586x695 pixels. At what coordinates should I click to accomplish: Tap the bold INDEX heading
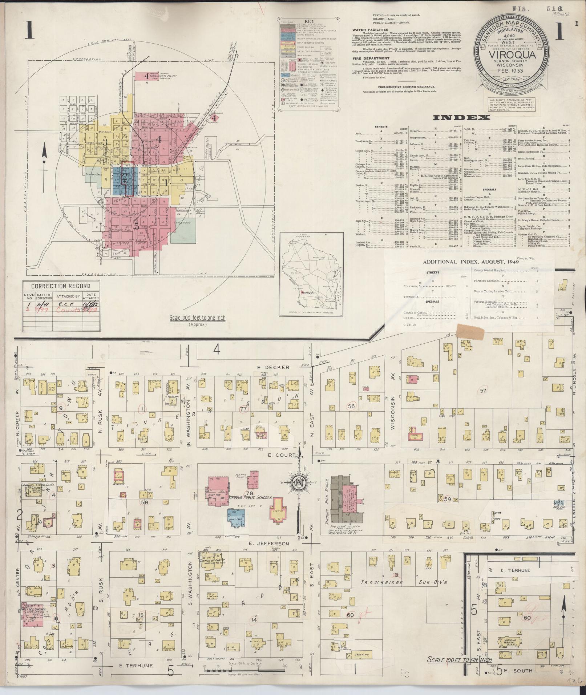[x=461, y=117]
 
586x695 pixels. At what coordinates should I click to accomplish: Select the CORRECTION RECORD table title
[x=61, y=286]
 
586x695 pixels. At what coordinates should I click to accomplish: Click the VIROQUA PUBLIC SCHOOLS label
[x=250, y=497]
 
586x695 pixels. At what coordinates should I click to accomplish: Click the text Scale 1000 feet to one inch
[x=197, y=318]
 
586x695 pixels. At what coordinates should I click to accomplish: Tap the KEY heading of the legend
[x=310, y=21]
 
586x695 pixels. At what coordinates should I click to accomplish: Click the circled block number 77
[x=244, y=409]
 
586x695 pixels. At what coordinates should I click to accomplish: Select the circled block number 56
[x=351, y=406]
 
